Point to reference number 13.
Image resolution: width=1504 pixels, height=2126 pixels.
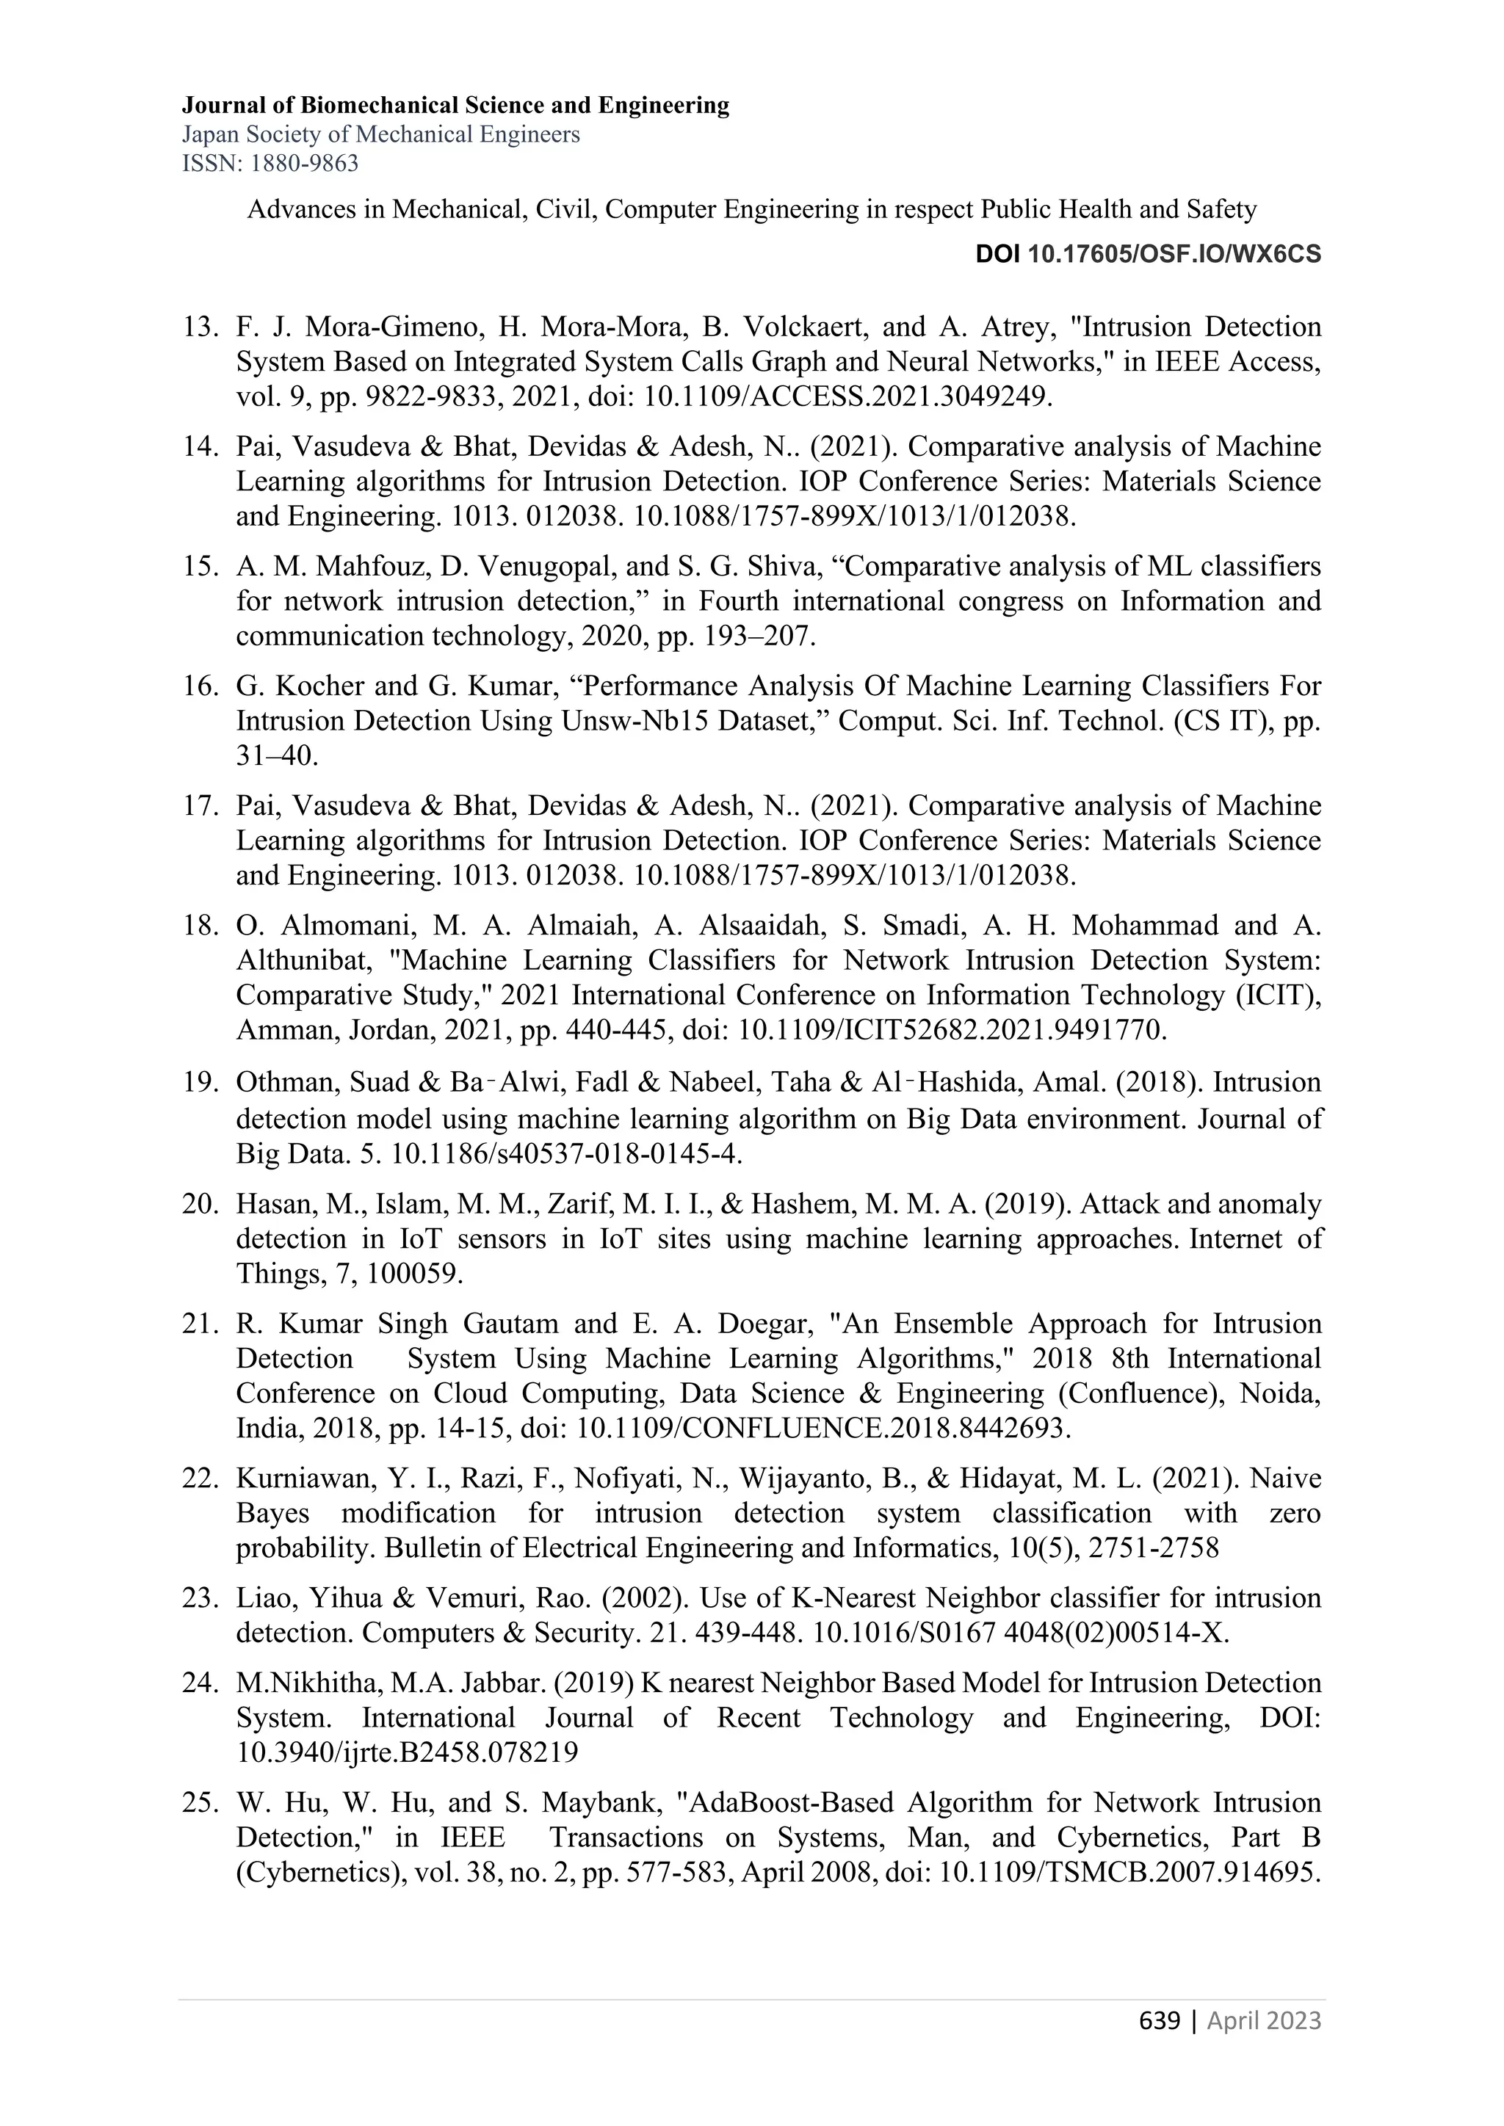click(x=199, y=327)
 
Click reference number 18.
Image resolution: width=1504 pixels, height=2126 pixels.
click(x=199, y=925)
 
